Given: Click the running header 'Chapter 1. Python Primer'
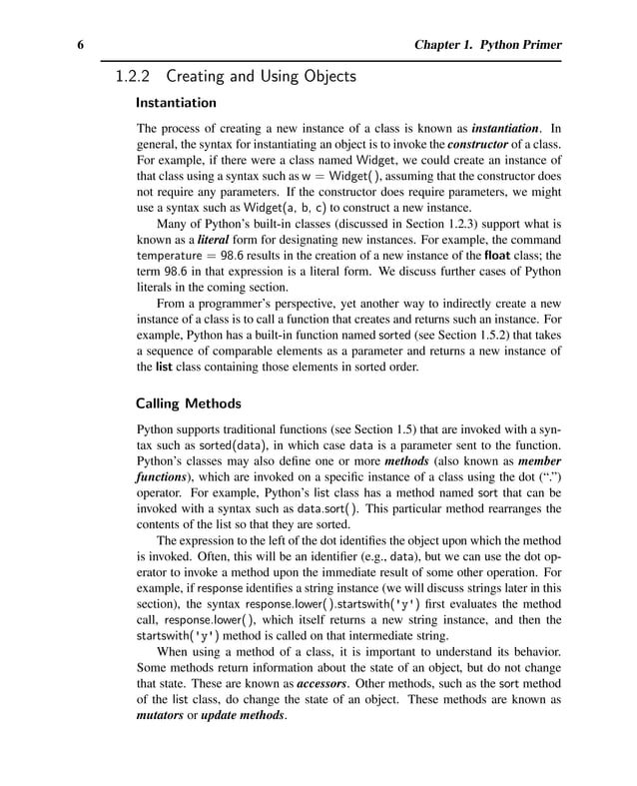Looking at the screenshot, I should [x=487, y=45].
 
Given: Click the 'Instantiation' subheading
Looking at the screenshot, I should [x=175, y=102].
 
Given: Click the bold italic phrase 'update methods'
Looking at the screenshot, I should [x=243, y=716].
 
